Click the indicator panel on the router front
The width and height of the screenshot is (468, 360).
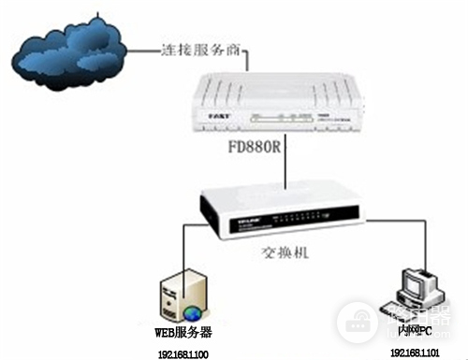277,119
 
